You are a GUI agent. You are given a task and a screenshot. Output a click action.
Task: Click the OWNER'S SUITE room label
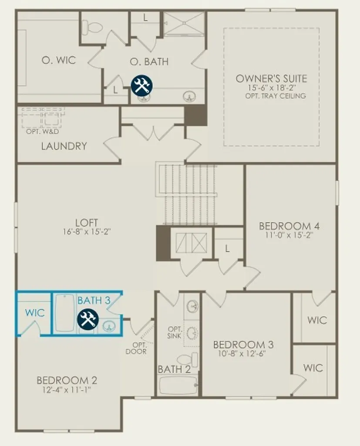[271, 78]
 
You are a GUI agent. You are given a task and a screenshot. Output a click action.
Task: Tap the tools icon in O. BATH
[141, 85]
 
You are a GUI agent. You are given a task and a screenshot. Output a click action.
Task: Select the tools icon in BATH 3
[88, 319]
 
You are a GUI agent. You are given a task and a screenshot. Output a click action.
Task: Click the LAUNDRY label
[64, 146]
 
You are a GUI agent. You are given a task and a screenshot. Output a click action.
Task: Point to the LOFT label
[87, 223]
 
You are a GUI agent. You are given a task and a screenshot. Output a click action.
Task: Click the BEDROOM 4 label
[289, 226]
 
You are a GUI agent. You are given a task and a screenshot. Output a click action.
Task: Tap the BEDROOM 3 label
[243, 345]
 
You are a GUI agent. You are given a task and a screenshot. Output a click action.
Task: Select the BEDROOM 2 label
[67, 380]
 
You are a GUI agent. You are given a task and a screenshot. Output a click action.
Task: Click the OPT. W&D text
[42, 132]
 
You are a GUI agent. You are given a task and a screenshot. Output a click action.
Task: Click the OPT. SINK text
[174, 332]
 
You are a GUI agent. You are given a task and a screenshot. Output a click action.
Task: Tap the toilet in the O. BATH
[91, 27]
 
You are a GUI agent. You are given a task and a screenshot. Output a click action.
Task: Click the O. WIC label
[59, 60]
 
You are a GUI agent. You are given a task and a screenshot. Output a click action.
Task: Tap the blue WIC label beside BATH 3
[35, 313]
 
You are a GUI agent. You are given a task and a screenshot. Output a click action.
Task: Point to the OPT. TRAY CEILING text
[276, 96]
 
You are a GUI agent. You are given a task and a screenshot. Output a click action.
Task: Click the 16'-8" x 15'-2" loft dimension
[87, 232]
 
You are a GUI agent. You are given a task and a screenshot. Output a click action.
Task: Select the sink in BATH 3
[108, 326]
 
